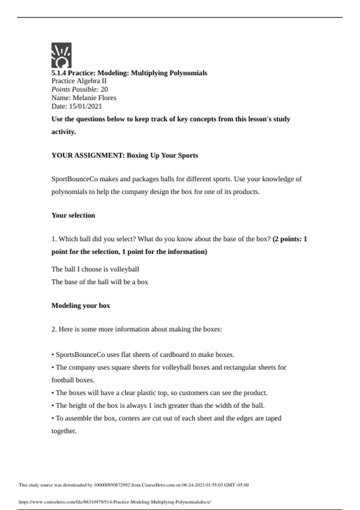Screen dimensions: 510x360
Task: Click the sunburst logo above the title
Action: coord(61,55)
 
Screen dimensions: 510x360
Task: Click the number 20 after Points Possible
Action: coord(104,89)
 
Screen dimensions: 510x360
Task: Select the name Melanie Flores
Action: coord(94,98)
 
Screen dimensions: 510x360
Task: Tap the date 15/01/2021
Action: coord(85,106)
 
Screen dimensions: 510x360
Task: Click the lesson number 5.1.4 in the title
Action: coord(59,73)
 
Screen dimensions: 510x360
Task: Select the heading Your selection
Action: coord(73,215)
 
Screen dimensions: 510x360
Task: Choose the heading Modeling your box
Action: coord(81,306)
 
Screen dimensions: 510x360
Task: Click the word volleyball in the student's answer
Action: coord(124,269)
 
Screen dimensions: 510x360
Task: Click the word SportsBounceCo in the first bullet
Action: coord(80,355)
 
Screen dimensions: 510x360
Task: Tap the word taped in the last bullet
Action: coord(273,418)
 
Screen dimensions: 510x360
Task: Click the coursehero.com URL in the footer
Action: coord(115,502)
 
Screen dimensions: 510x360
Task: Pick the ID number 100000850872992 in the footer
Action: coord(112,485)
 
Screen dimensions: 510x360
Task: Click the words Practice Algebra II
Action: coord(79,81)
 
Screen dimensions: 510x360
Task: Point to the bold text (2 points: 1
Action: coord(290,239)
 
